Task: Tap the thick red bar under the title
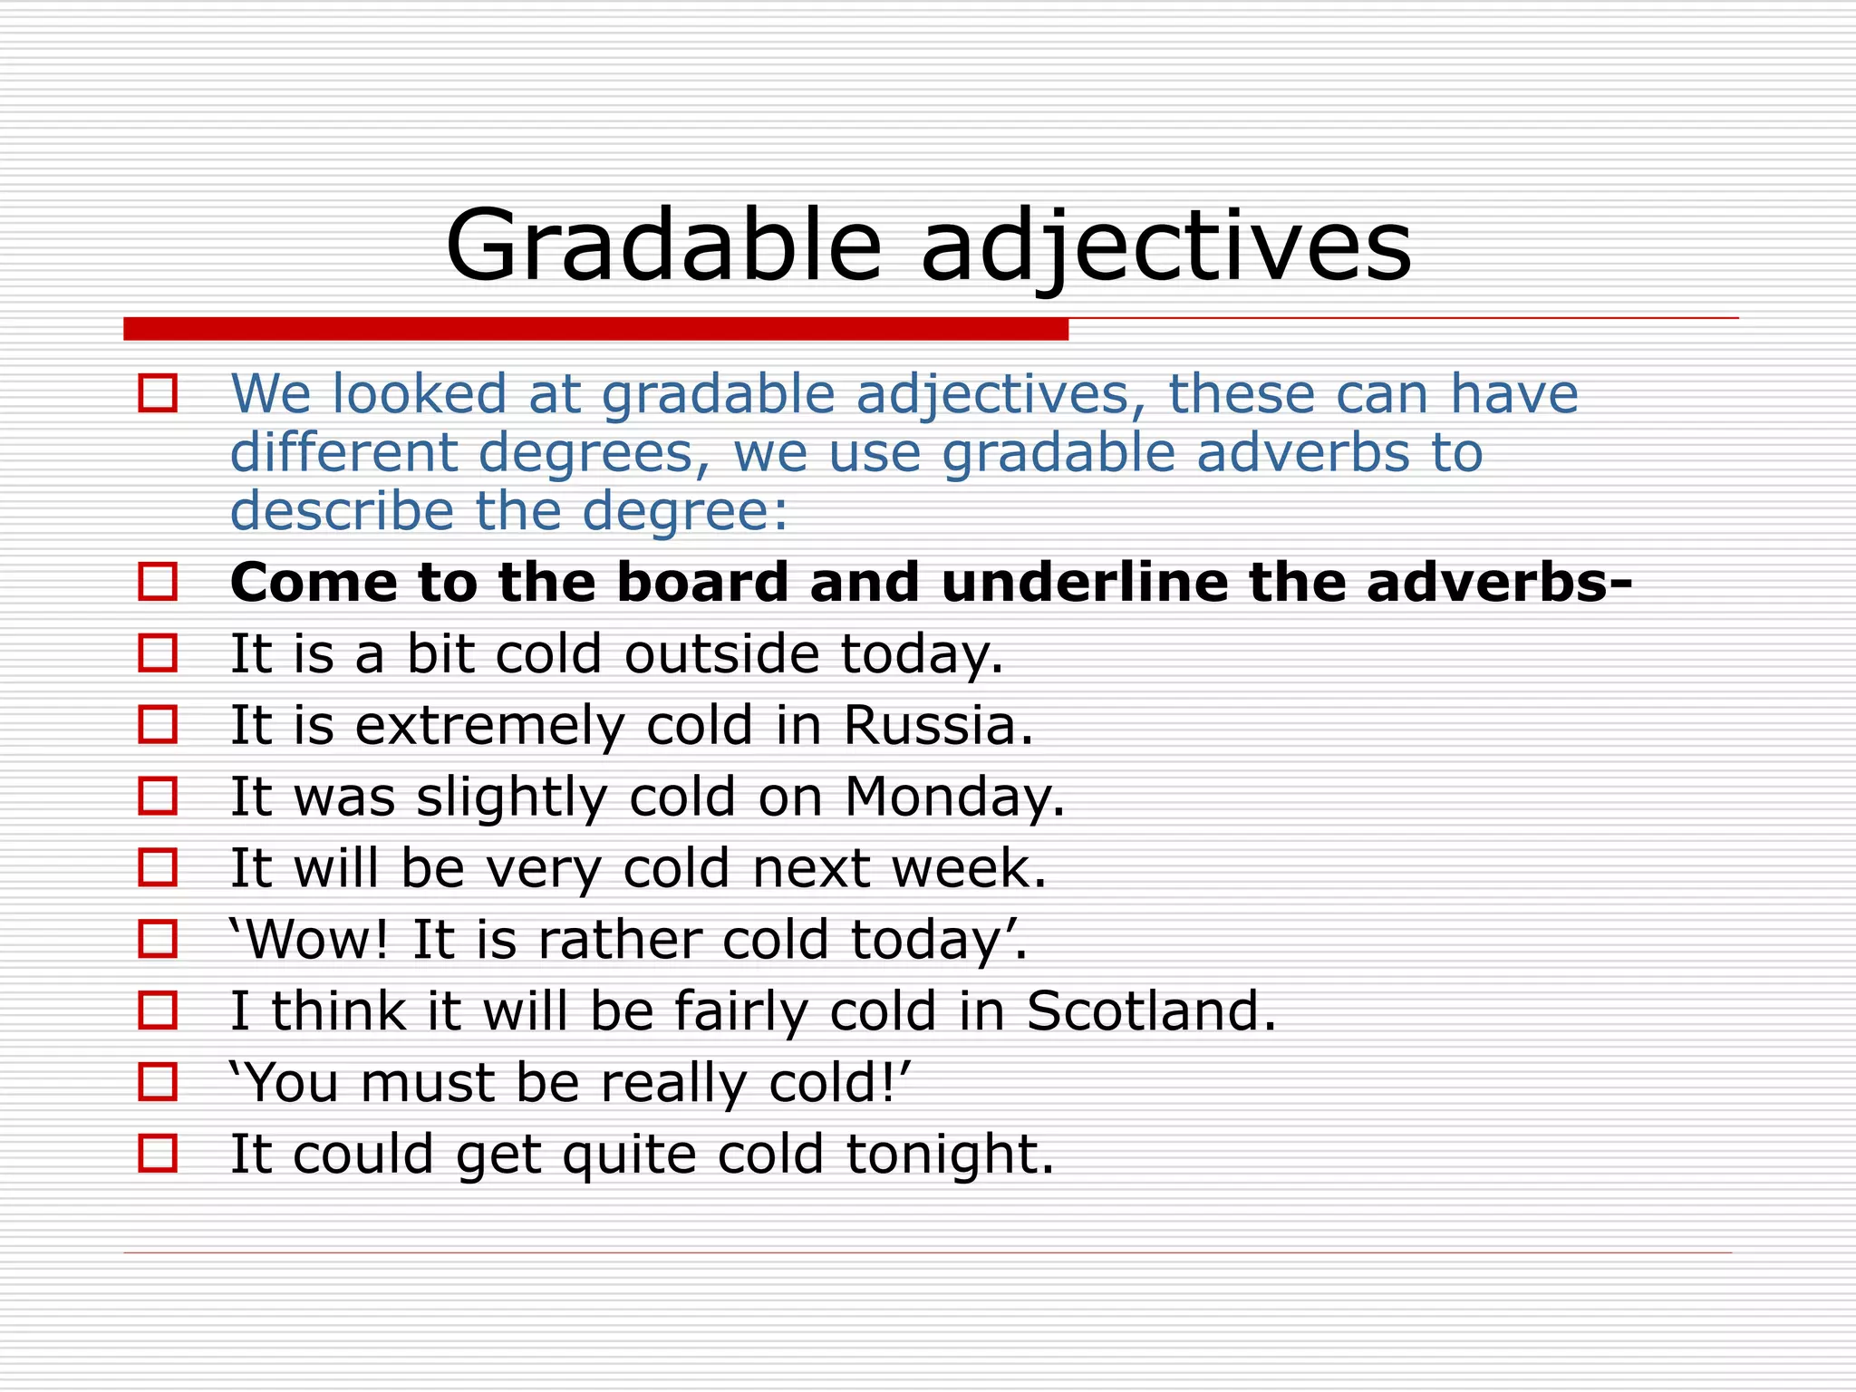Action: tap(595, 329)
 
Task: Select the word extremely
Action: tap(489, 726)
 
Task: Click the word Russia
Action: tap(938, 726)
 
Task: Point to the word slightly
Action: tap(511, 797)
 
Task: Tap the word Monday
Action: tap(954, 797)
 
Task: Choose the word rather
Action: tap(620, 940)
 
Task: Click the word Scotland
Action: tap(1151, 1011)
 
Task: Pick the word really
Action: tap(673, 1083)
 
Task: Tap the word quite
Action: tap(629, 1155)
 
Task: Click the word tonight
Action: tap(950, 1155)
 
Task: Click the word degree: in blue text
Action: tap(685, 511)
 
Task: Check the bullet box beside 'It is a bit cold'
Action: tap(158, 652)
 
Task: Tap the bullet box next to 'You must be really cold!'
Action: tap(158, 1082)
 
